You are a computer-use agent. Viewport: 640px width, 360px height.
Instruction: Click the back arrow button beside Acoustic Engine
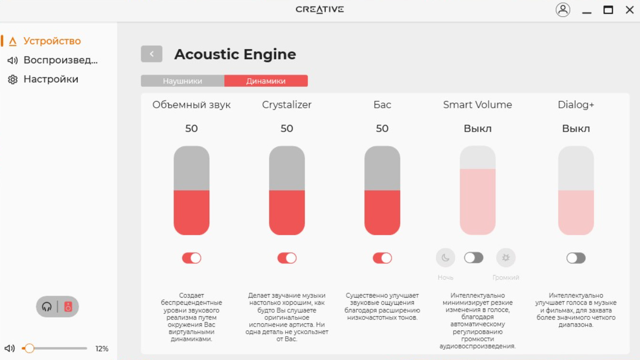click(x=152, y=54)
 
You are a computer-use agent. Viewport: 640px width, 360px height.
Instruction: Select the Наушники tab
click(x=183, y=81)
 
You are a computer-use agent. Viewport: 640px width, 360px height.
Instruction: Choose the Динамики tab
click(x=266, y=81)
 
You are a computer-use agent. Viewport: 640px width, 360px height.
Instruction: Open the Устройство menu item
click(x=52, y=41)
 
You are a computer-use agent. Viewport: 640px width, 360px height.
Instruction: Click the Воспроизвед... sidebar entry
click(x=61, y=60)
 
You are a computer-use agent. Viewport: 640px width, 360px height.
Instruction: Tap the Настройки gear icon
click(x=12, y=80)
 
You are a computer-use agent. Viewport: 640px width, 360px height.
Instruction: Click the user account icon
click(x=563, y=10)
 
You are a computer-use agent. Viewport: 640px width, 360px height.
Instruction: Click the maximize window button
click(x=608, y=10)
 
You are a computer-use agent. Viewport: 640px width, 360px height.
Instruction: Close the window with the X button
click(x=630, y=10)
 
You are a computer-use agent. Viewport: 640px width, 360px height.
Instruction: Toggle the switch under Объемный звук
click(x=191, y=258)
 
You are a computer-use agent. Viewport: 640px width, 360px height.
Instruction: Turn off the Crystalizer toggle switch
click(x=287, y=258)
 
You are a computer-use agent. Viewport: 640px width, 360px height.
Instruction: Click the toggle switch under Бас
click(x=382, y=258)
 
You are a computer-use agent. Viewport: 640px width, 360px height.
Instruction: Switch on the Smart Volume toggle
click(x=474, y=257)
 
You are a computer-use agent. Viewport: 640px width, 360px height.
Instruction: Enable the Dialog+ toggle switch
click(x=576, y=258)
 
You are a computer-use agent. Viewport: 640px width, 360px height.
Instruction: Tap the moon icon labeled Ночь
click(x=445, y=257)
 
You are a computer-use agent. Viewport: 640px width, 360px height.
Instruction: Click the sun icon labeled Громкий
click(x=506, y=257)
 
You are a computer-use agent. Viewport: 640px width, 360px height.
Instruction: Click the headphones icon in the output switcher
click(x=47, y=307)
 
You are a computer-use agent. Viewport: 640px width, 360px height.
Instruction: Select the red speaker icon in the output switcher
click(x=68, y=307)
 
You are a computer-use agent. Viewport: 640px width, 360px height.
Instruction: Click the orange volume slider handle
click(x=29, y=348)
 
